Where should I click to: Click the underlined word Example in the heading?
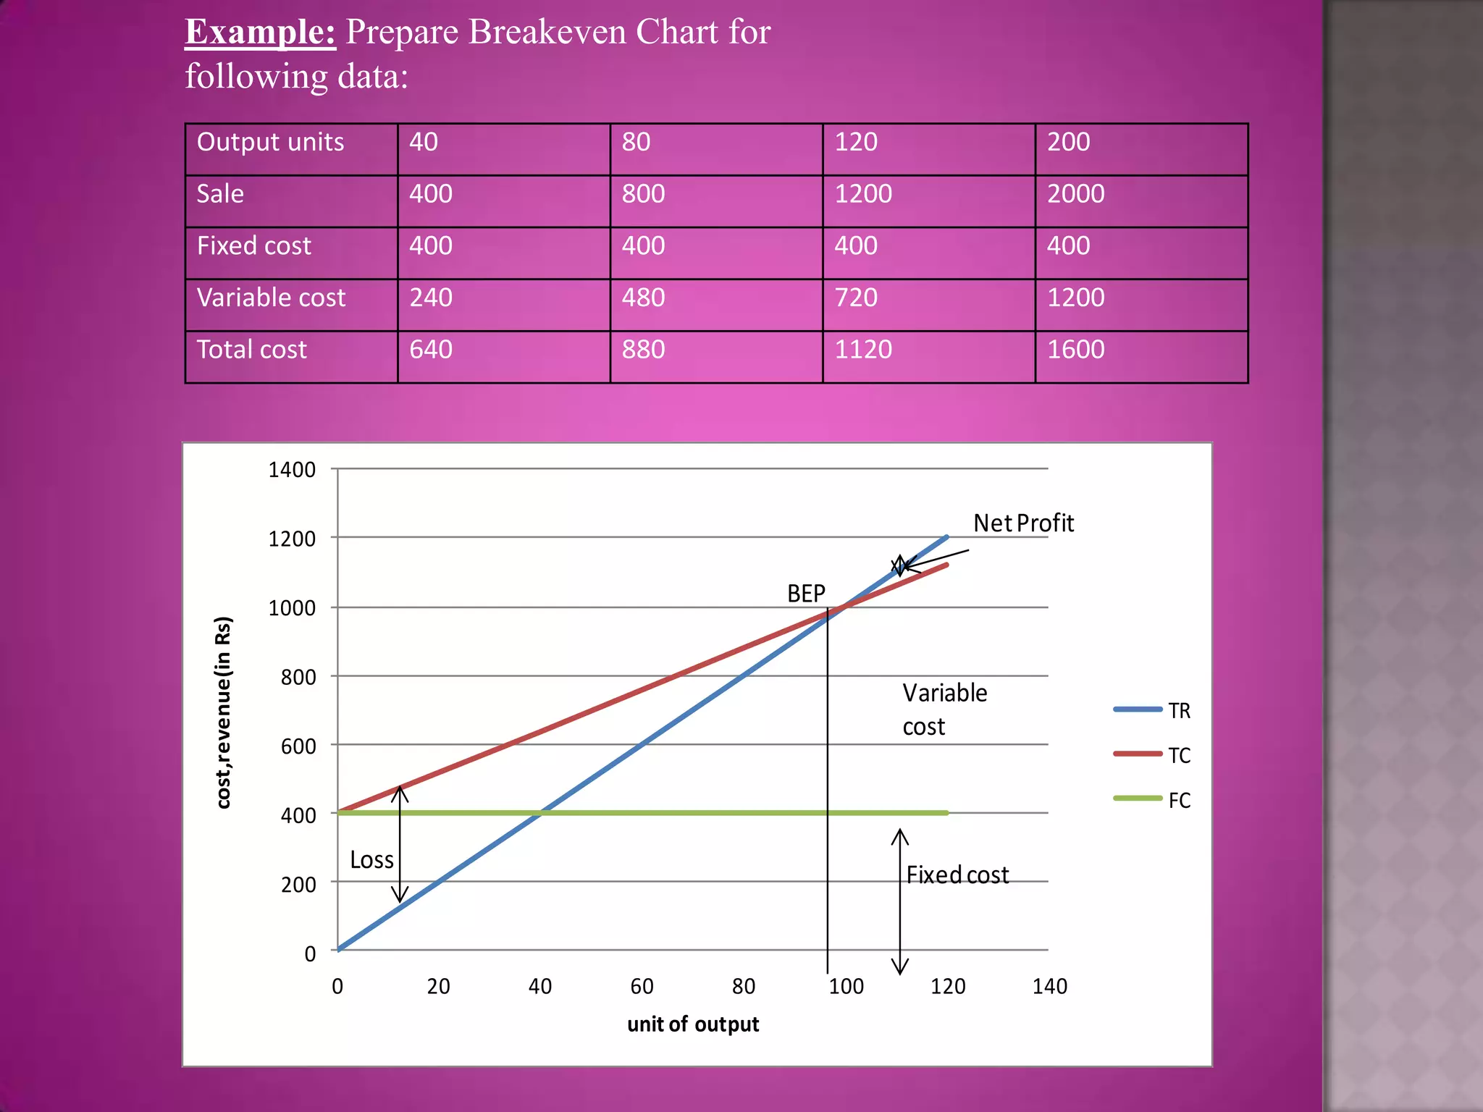click(x=260, y=33)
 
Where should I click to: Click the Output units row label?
click(x=270, y=142)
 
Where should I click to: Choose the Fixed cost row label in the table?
click(x=253, y=246)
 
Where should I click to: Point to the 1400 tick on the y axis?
click(x=292, y=470)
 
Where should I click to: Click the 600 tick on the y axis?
click(x=298, y=746)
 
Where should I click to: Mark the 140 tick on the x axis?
click(x=1049, y=986)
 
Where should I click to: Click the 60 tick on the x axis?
click(x=642, y=986)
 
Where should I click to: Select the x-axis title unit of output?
click(x=693, y=1024)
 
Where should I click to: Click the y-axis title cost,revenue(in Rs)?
click(x=223, y=712)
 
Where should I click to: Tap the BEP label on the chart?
click(x=806, y=594)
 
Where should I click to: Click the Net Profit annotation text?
click(x=1023, y=523)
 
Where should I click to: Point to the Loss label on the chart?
click(x=371, y=860)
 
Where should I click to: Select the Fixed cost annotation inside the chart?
click(x=957, y=875)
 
